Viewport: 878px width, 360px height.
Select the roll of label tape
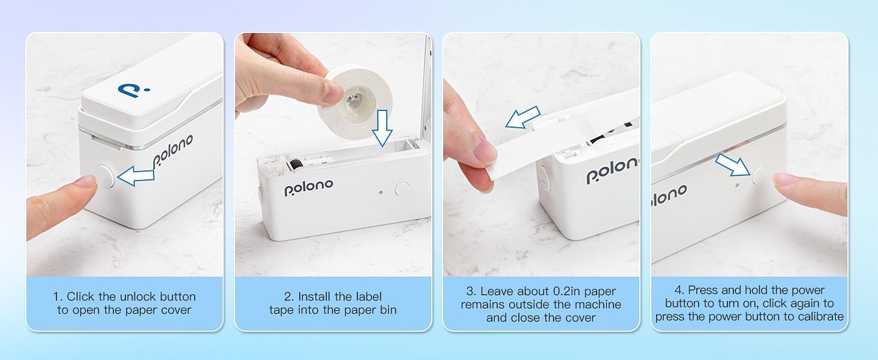[359, 96]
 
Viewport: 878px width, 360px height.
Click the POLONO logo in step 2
[308, 187]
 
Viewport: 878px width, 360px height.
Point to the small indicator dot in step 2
[381, 193]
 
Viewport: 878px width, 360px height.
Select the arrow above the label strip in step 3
[522, 118]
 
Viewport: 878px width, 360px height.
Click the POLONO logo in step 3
[612, 170]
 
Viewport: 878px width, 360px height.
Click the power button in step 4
[760, 176]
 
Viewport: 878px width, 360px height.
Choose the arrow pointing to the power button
[733, 164]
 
